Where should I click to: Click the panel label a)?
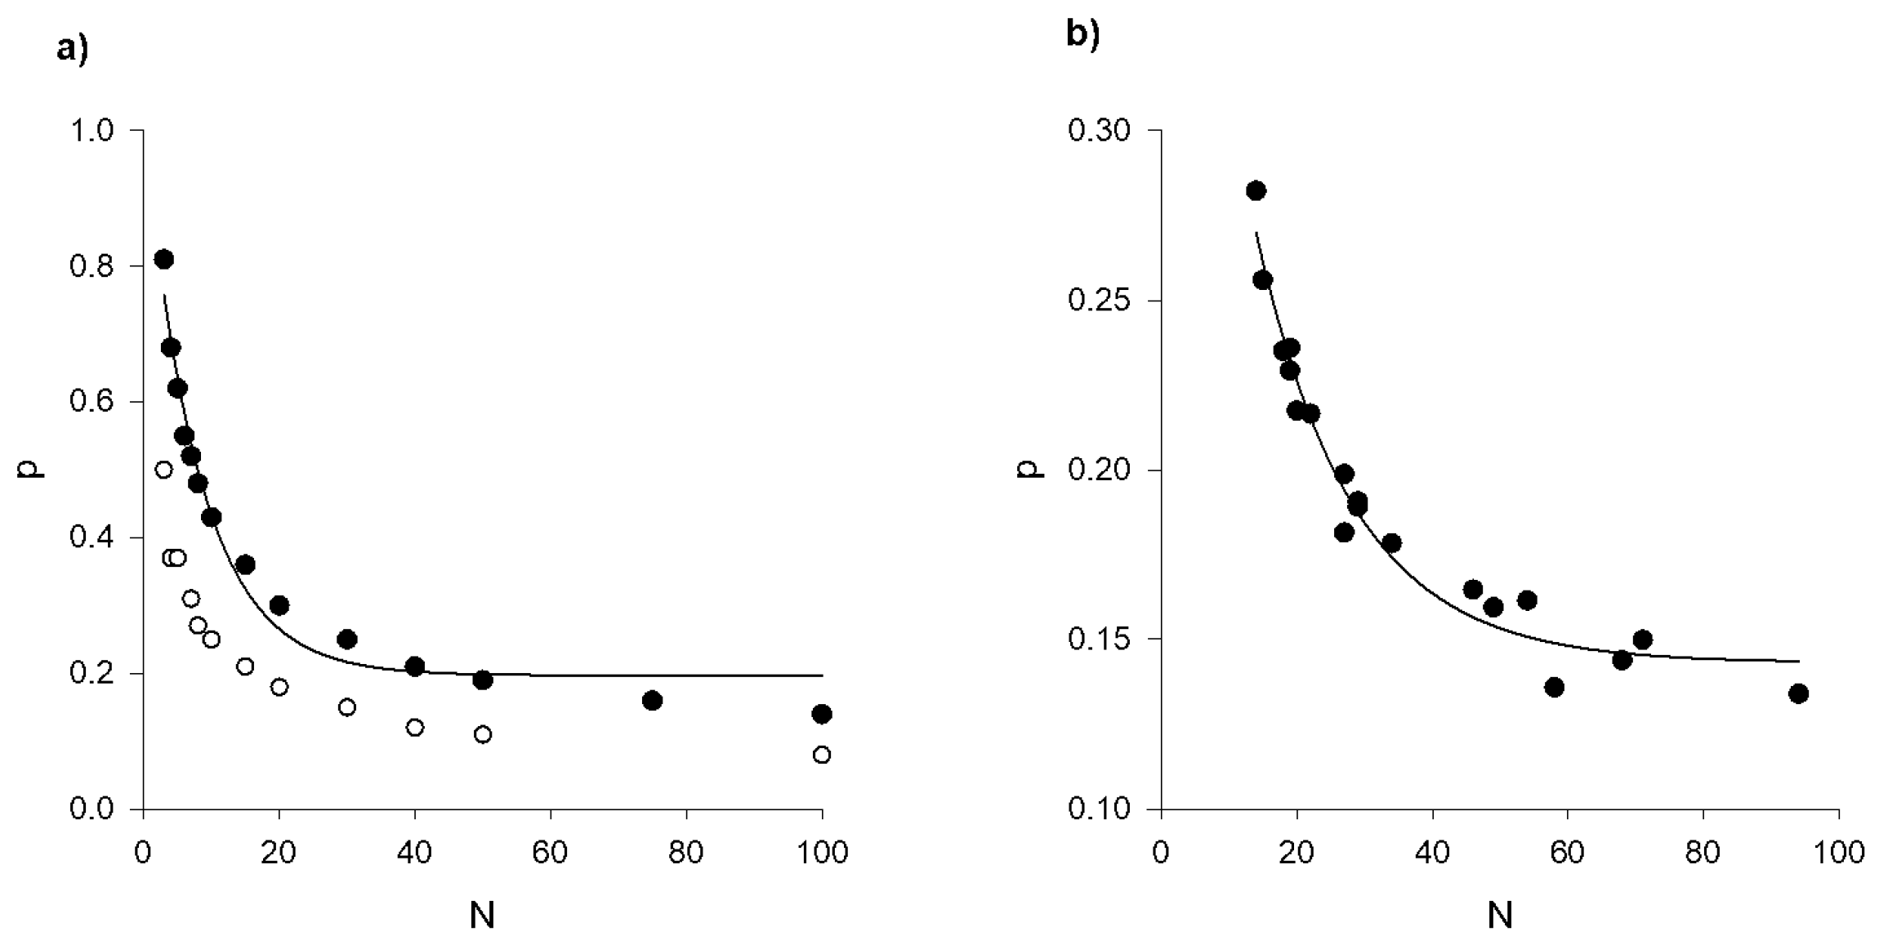pos(72,50)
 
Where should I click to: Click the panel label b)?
pos(1082,34)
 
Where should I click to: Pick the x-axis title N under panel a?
pos(482,916)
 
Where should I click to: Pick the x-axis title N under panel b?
pos(1499,916)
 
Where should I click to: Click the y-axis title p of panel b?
pos(1034,469)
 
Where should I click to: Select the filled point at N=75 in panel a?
pos(652,700)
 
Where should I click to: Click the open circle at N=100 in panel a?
pos(822,755)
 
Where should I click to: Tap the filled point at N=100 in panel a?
pos(822,714)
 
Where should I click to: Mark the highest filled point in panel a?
pos(163,259)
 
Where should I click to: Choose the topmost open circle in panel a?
pos(163,470)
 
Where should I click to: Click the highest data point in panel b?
pos(1256,190)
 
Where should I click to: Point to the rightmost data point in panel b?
pos(1798,693)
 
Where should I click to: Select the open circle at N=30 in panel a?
pos(347,707)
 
